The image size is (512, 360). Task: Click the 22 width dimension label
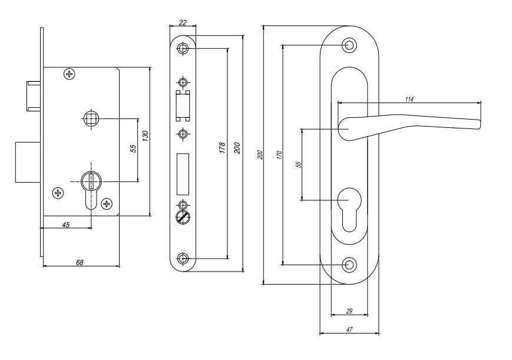pyautogui.click(x=183, y=23)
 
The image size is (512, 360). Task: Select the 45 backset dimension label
pyautogui.click(x=65, y=224)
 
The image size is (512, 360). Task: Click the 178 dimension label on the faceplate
pyautogui.click(x=222, y=147)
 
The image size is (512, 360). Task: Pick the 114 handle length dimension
pyautogui.click(x=409, y=98)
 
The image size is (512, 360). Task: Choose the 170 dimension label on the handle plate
pyautogui.click(x=279, y=155)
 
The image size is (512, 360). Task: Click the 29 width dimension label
pyautogui.click(x=349, y=311)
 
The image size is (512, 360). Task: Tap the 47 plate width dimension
pyautogui.click(x=349, y=330)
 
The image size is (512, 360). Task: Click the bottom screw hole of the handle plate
pyautogui.click(x=350, y=265)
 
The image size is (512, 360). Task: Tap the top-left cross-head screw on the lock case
pyautogui.click(x=70, y=74)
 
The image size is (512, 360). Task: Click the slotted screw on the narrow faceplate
pyautogui.click(x=183, y=217)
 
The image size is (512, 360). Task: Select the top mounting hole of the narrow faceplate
pyautogui.click(x=183, y=48)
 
